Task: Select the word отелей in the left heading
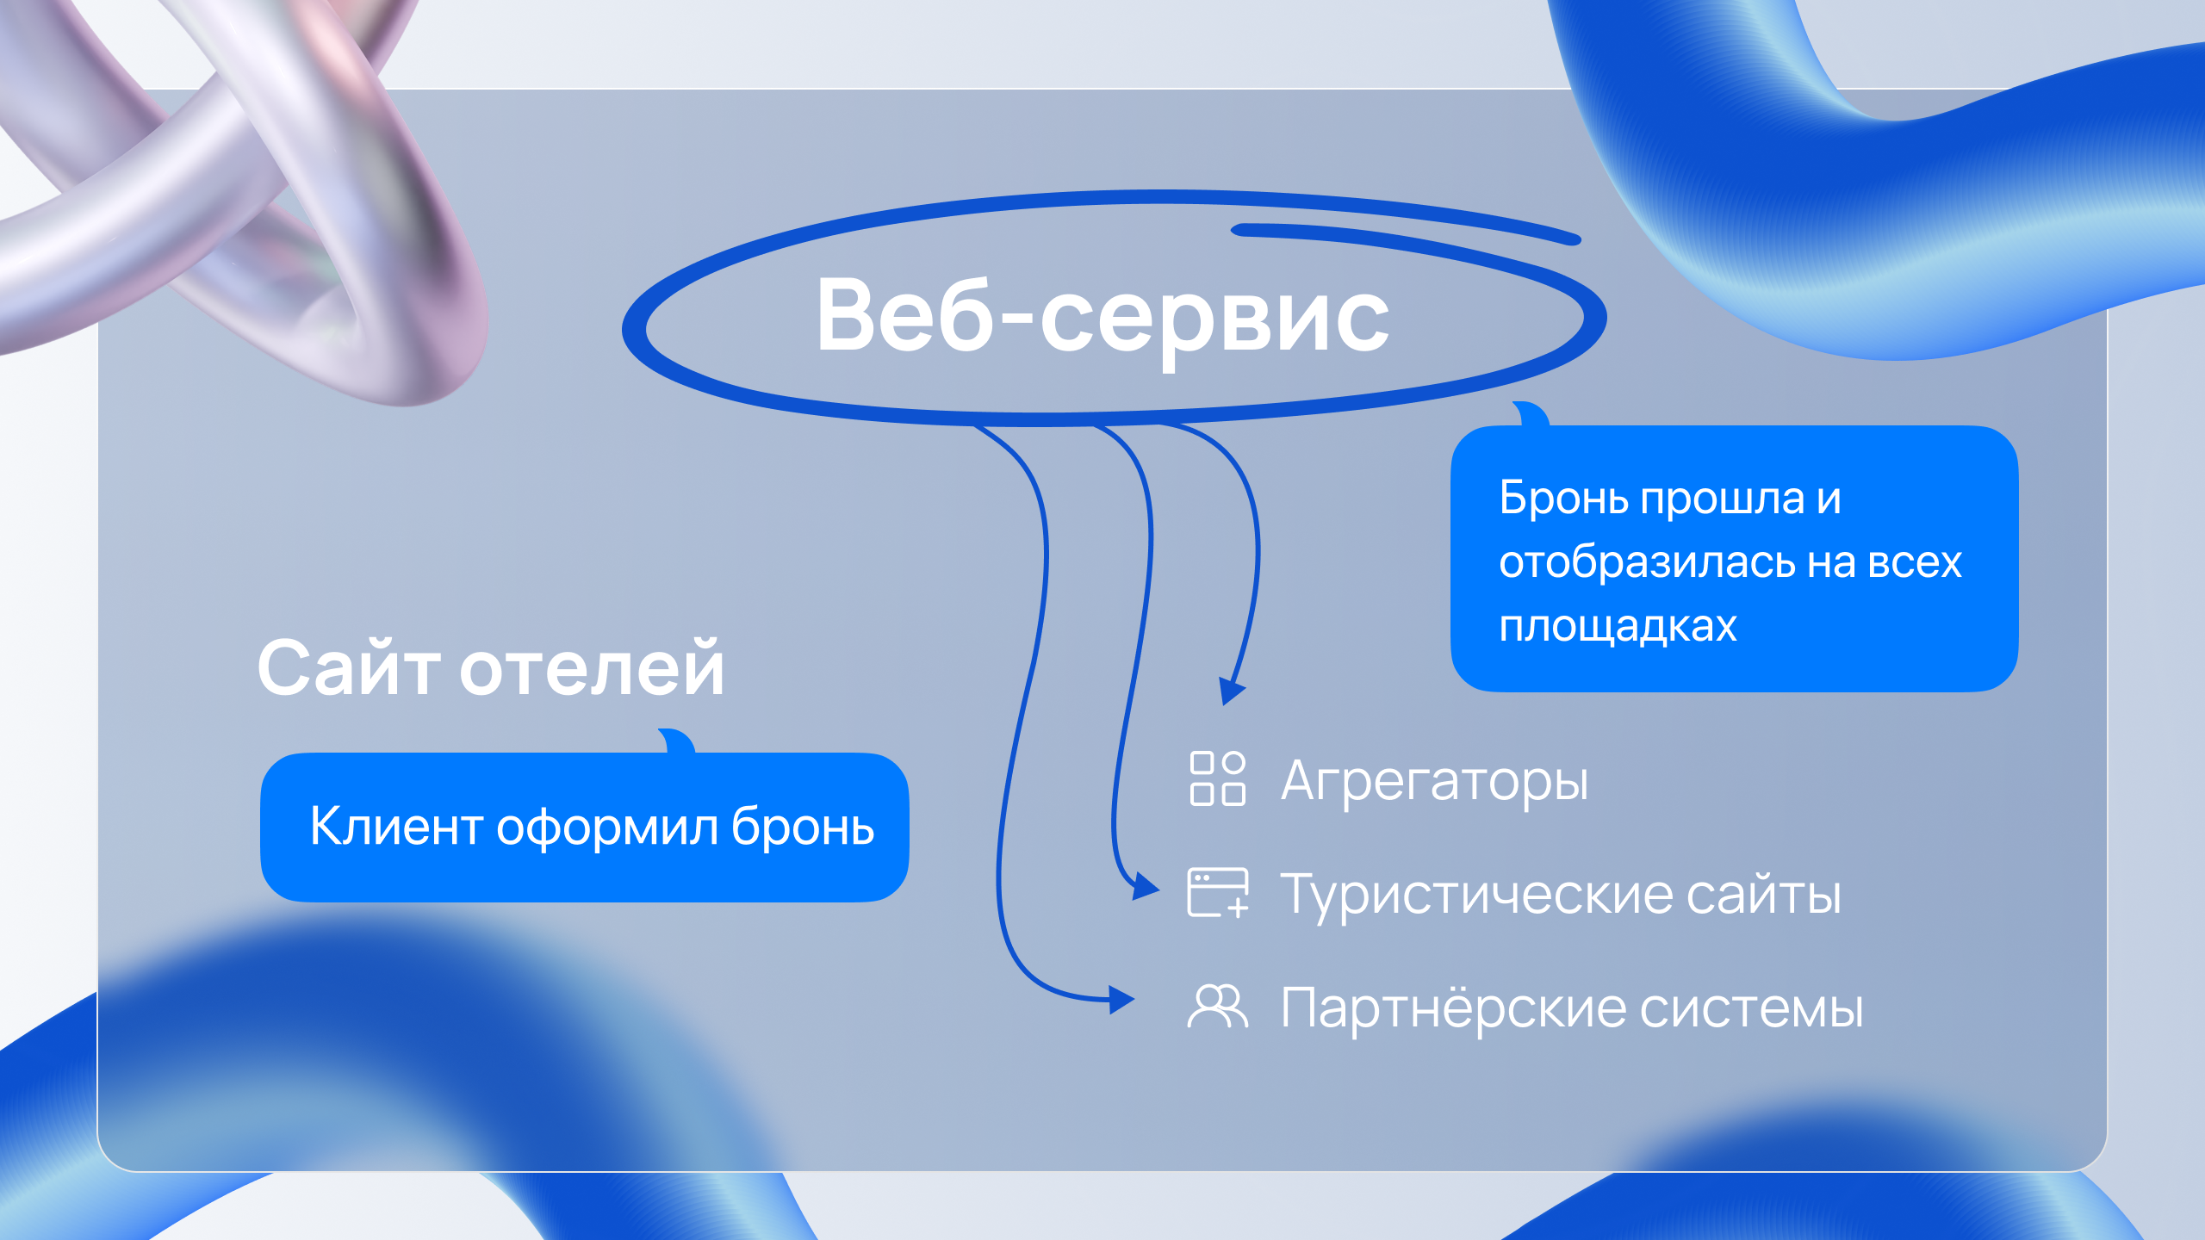point(593,668)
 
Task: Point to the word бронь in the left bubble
point(803,827)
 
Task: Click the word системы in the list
point(1752,1009)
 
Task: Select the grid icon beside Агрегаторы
point(1217,778)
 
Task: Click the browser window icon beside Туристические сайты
point(1218,893)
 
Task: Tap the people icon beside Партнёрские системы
point(1217,1006)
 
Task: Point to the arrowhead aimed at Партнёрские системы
point(1121,1000)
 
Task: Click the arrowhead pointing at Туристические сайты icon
point(1146,886)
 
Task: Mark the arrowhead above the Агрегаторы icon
point(1232,691)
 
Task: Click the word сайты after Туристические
point(1764,896)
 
